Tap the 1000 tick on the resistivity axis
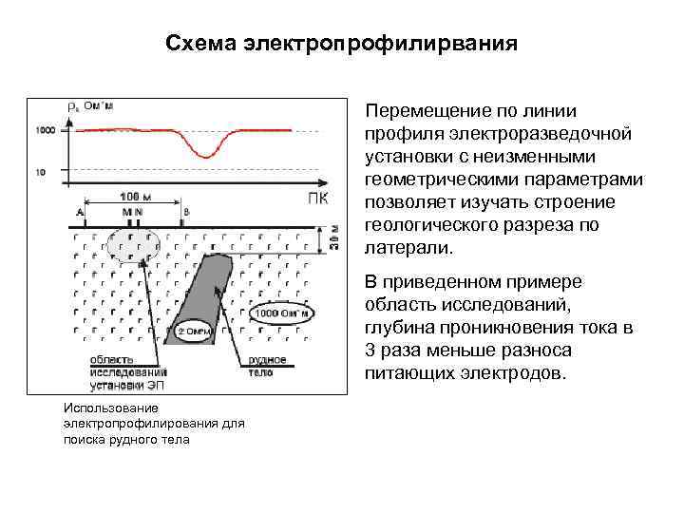coord(45,129)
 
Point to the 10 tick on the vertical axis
coord(39,172)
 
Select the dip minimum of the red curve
coord(205,155)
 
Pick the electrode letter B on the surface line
coord(186,212)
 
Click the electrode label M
coord(126,212)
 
